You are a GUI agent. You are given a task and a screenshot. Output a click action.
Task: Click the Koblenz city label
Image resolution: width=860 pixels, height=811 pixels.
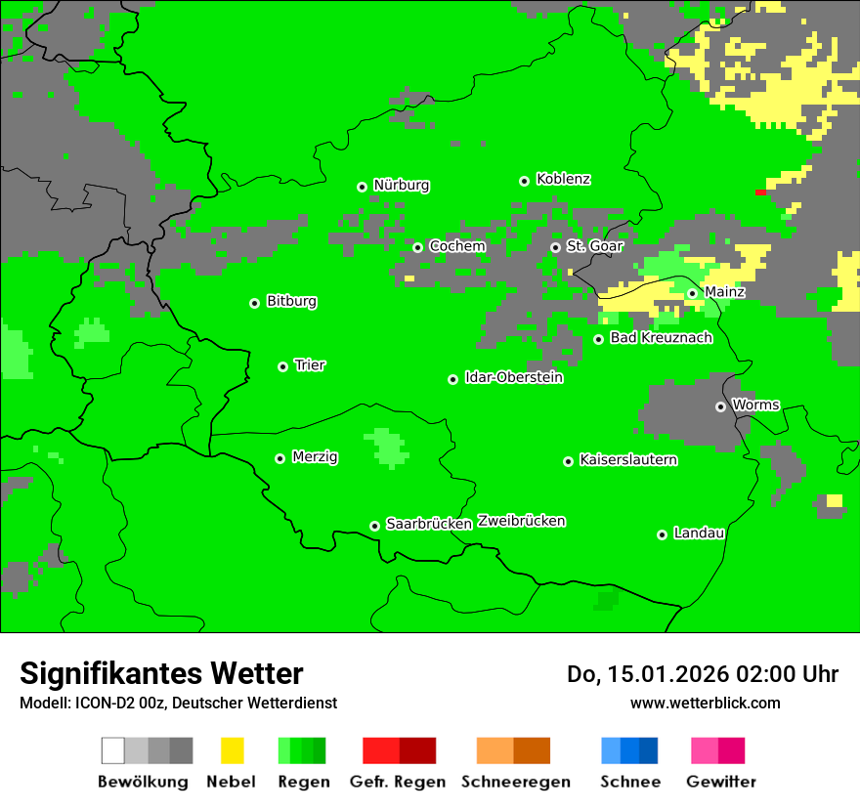(x=563, y=179)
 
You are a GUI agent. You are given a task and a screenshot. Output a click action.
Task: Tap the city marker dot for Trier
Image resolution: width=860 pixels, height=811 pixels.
(x=282, y=366)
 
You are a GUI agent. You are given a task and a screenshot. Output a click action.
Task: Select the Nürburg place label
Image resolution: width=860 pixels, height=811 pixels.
(x=401, y=185)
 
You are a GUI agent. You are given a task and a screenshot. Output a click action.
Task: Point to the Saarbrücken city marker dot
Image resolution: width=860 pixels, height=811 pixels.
(x=374, y=526)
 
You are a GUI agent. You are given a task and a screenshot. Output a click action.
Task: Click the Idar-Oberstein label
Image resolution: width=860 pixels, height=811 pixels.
(x=514, y=377)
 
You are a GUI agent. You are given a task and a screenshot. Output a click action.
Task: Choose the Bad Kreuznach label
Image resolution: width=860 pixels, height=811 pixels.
(x=661, y=337)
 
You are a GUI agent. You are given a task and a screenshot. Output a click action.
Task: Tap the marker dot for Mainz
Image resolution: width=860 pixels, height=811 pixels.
(x=692, y=293)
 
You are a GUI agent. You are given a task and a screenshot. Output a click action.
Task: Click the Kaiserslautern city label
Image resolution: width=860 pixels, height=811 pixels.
(x=628, y=459)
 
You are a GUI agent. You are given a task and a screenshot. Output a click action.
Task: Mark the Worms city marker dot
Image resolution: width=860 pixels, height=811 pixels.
(x=720, y=406)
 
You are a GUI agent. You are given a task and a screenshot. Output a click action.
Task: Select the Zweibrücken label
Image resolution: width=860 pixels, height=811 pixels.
(x=521, y=521)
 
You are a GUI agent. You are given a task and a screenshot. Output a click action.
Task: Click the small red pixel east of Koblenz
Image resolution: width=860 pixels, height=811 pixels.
(x=760, y=192)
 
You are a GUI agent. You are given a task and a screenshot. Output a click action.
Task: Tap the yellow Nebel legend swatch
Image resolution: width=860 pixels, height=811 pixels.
(x=232, y=750)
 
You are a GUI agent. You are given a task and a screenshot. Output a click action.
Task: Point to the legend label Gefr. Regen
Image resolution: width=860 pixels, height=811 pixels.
(x=398, y=782)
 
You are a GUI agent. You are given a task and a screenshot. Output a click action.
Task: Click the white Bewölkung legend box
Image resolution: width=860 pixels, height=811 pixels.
(x=113, y=750)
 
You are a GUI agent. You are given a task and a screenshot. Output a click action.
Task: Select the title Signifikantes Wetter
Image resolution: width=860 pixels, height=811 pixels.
(x=161, y=673)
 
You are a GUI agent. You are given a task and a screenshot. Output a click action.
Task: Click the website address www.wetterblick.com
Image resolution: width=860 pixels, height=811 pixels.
(x=705, y=703)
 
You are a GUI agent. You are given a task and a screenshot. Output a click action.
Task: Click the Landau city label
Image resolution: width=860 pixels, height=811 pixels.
(x=699, y=533)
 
